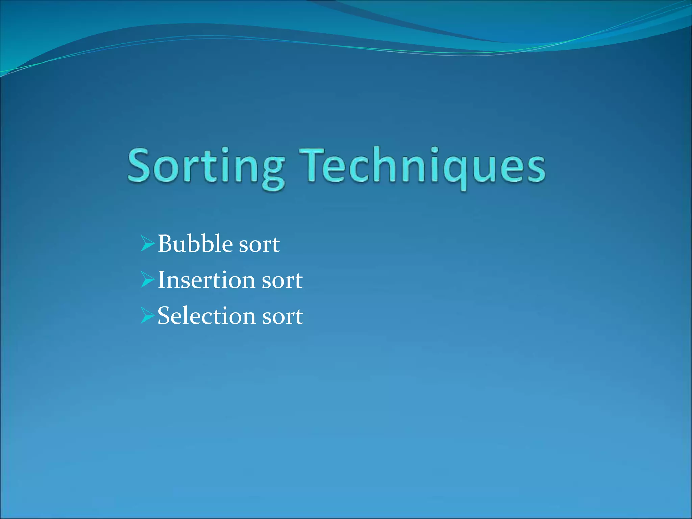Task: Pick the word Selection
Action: [206, 316]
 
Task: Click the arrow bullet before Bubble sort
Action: [147, 244]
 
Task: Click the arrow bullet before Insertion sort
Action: [147, 280]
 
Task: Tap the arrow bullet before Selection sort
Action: [147, 316]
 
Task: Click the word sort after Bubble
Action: [259, 245]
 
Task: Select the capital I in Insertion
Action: [162, 280]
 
